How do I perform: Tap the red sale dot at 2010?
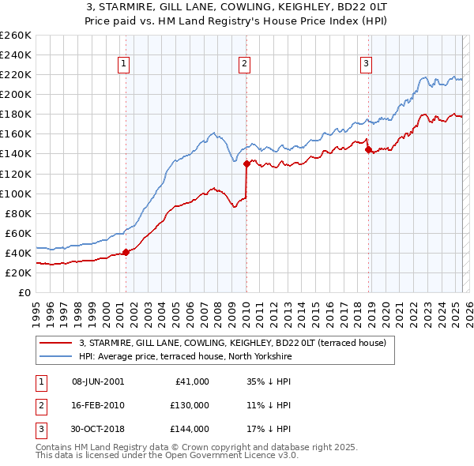pyautogui.click(x=246, y=163)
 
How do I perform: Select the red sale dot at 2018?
pyautogui.click(x=368, y=150)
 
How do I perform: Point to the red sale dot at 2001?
pyautogui.click(x=126, y=252)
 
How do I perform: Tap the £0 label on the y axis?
pyautogui.click(x=24, y=292)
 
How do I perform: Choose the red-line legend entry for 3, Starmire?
pyautogui.click(x=231, y=343)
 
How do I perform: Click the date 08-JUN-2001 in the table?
pyautogui.click(x=98, y=381)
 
